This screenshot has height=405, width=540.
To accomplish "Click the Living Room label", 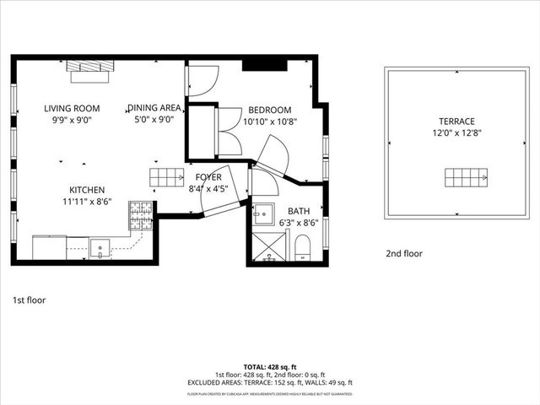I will coord(72,108).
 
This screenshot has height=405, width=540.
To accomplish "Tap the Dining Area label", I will coord(154,108).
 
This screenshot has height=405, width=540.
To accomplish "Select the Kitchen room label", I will coord(87,190).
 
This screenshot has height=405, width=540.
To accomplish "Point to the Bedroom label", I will coord(269,110).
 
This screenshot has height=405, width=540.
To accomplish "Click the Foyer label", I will coord(208,177).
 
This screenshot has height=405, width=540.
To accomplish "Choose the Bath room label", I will coord(299,211).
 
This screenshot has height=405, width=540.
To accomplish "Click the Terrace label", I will coord(456,121).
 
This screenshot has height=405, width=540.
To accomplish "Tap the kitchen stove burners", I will coord(141,216).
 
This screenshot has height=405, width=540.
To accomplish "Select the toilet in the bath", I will coord(303,247).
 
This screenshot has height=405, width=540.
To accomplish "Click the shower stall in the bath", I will coord(269,246).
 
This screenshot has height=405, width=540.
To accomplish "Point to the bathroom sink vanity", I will coord(265,212).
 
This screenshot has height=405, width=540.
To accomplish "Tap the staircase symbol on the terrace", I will coord(467,178).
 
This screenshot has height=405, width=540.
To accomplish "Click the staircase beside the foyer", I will coord(167,177).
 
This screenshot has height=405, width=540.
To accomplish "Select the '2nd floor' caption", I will coord(404,253).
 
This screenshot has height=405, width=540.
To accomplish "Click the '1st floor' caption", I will coord(30,300).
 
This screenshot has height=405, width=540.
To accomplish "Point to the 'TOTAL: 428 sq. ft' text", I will coord(270,367).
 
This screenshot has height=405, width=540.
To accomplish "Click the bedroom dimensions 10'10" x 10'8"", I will coord(270,121).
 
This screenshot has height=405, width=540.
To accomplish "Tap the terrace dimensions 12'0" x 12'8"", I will coord(456,132).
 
